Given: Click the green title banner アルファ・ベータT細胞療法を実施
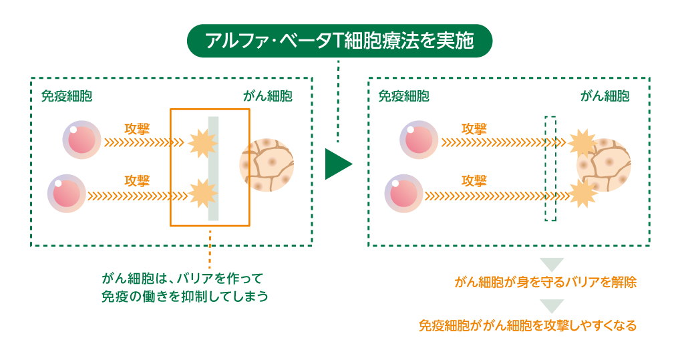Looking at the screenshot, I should [339, 41].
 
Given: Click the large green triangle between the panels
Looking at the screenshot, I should [337, 164].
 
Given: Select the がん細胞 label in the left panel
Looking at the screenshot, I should [267, 96].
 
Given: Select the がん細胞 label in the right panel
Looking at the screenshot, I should [605, 96].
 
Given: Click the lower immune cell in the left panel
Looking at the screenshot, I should [67, 194].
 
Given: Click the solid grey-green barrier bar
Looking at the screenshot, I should [213, 168].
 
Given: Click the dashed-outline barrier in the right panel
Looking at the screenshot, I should [550, 168].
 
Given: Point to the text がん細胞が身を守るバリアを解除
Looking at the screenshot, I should [545, 282].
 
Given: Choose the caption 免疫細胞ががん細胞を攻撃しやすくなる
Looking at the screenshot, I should [528, 326].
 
